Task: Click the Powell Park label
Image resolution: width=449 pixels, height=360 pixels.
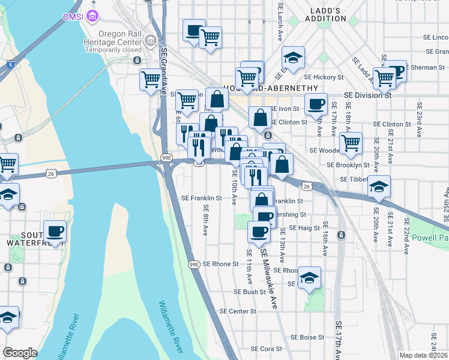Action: (430, 238)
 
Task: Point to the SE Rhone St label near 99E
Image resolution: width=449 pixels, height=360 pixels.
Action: (220, 263)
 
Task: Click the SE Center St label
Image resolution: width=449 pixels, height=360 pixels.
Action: (238, 311)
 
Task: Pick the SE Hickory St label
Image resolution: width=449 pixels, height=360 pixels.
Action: (324, 77)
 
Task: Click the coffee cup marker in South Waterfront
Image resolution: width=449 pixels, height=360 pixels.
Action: (55, 231)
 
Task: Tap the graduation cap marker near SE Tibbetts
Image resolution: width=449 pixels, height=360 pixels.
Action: (379, 187)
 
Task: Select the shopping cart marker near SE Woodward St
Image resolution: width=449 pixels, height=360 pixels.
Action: (351, 143)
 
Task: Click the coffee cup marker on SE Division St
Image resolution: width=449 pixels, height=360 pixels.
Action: (315, 104)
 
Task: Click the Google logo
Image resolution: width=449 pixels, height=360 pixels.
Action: (20, 352)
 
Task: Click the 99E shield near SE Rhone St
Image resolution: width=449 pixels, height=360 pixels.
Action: (193, 264)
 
